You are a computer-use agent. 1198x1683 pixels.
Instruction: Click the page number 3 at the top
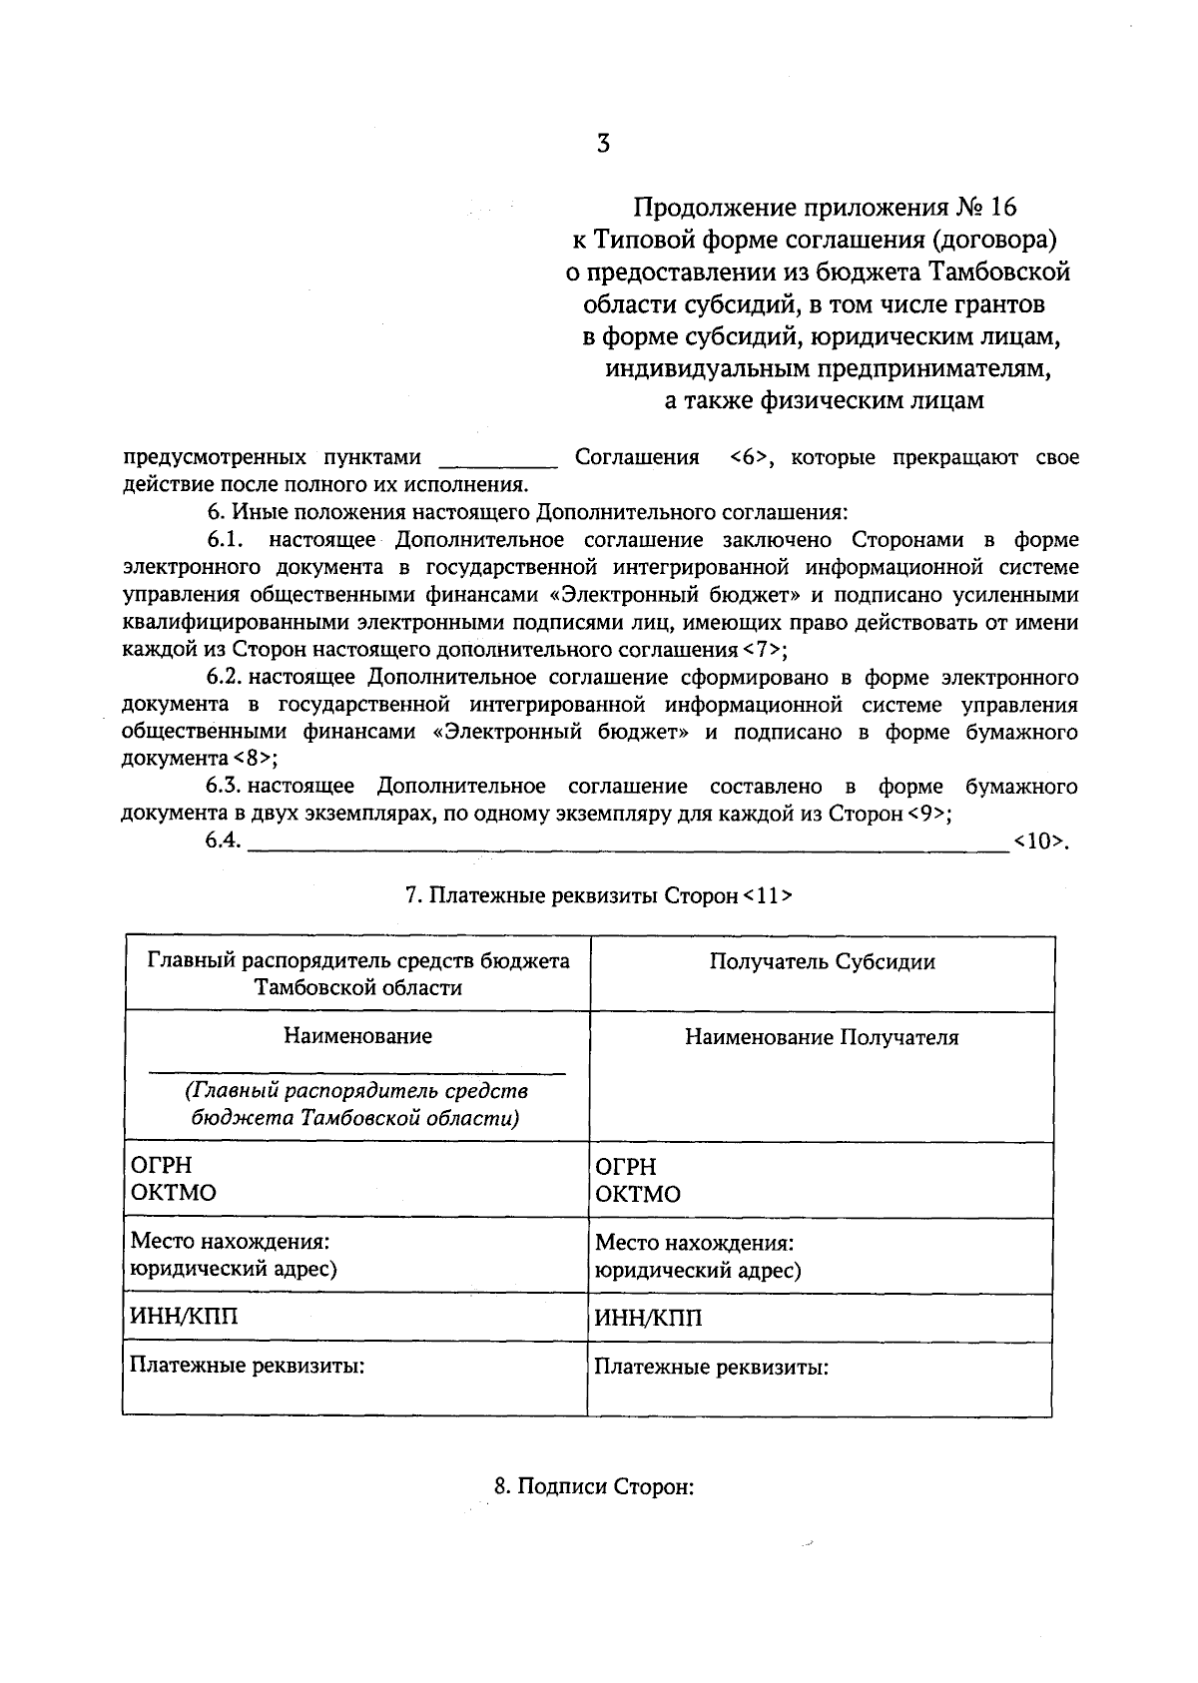click(602, 143)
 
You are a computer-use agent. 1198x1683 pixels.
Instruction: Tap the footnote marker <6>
click(748, 458)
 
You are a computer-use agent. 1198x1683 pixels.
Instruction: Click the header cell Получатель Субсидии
click(822, 962)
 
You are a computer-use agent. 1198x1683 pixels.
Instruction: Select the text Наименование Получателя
click(822, 1038)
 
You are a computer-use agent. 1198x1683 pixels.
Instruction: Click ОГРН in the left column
click(161, 1166)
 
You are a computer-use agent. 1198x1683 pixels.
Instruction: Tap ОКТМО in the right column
click(638, 1195)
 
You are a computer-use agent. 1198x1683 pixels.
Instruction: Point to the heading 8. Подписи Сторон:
click(594, 1487)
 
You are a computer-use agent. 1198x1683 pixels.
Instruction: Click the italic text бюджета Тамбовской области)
click(356, 1117)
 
